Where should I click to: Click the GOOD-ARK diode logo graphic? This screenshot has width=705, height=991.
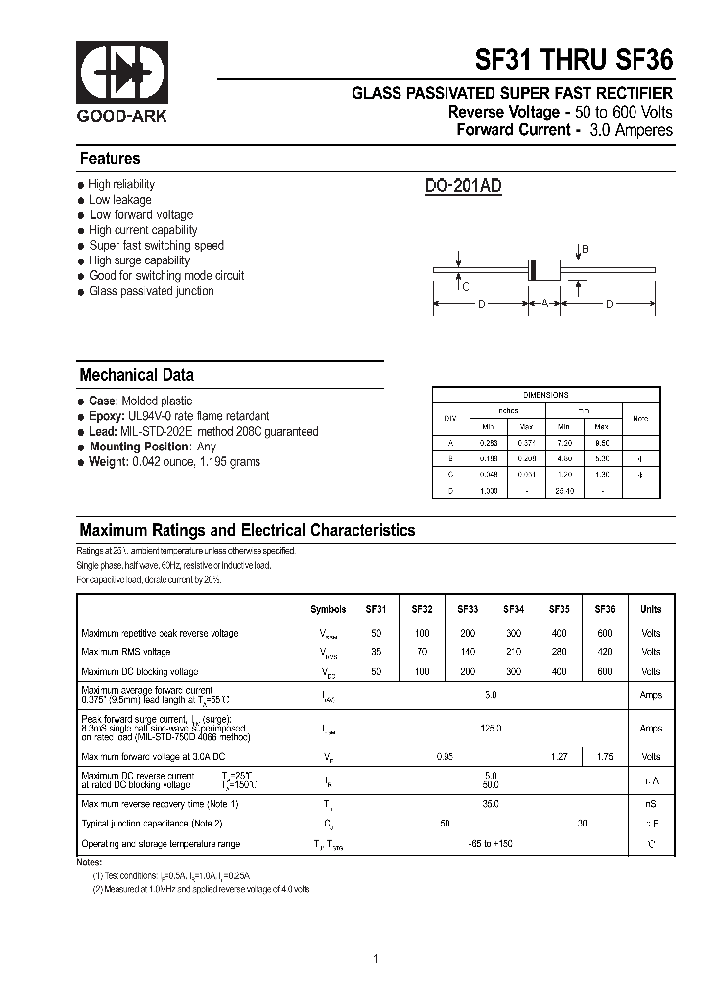(122, 73)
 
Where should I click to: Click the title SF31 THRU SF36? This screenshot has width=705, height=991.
(574, 61)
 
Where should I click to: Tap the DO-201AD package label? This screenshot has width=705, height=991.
(463, 187)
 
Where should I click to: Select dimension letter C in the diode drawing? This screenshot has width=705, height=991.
(466, 286)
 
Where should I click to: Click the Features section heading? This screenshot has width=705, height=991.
(110, 159)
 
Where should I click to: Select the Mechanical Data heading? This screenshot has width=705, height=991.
(136, 375)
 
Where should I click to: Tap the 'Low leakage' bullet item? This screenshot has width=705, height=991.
(119, 200)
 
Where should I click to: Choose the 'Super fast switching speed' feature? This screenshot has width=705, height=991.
(157, 246)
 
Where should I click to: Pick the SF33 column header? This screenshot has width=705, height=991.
(467, 609)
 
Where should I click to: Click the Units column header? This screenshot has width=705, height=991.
(650, 609)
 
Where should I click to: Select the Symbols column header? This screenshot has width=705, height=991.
(328, 609)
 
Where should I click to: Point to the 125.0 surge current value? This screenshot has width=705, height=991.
(491, 729)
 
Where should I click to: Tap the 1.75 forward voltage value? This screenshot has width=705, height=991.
(605, 756)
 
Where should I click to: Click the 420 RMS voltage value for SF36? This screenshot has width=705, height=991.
(605, 652)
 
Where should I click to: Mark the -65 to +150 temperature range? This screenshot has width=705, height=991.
(491, 844)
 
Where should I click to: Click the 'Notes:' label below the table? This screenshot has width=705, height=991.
(89, 861)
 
